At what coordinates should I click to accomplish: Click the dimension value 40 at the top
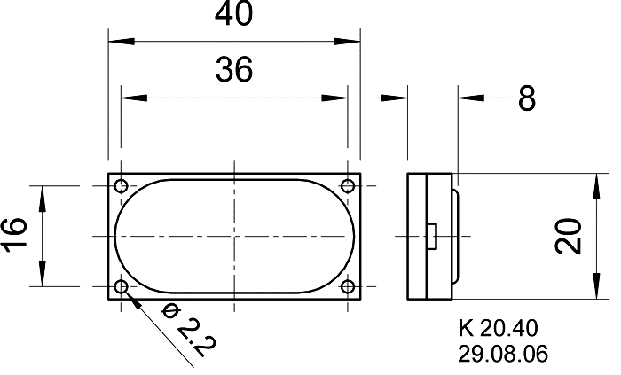pos(233,16)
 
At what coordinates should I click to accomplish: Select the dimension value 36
pos(233,69)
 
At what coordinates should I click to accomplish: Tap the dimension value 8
pos(527,98)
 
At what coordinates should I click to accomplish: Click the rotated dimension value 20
pos(570,236)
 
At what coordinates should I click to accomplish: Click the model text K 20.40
pos(502,328)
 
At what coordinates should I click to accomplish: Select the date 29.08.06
pos(503,353)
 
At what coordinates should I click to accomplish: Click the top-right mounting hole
pos(348,186)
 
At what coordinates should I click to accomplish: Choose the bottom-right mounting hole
pos(348,286)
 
